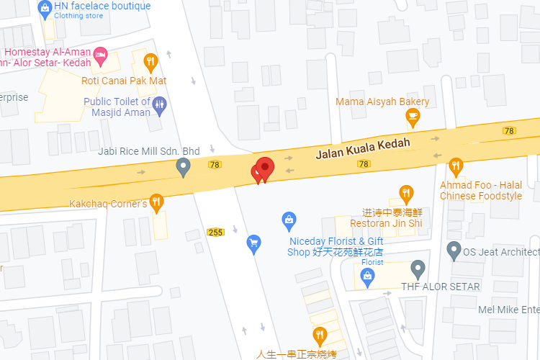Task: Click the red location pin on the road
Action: coord(265,168)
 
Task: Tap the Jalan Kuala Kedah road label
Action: coord(363,148)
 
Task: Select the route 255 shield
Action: coord(215,232)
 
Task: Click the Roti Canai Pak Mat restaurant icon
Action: coord(150,62)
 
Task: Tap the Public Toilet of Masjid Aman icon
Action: coord(159,105)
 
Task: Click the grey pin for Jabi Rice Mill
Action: coord(184,168)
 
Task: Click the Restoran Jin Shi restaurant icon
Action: coord(407,193)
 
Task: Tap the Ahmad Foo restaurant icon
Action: coord(456,167)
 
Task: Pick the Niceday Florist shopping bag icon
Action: coord(289,219)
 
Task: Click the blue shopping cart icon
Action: coord(253,243)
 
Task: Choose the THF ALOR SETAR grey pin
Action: coord(418,270)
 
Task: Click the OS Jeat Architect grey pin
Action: coord(454,251)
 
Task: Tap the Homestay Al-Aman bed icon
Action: coord(101,53)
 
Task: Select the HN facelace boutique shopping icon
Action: coord(45,9)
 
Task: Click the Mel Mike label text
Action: coord(508,310)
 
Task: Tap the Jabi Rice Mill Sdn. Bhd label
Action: coord(149,151)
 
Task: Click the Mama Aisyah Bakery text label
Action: coord(382,102)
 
